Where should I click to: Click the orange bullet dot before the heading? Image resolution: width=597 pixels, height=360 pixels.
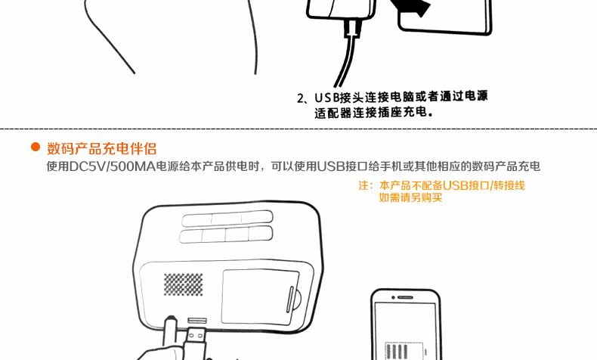point(36,147)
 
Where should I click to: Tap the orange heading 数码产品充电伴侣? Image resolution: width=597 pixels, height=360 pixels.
point(102,148)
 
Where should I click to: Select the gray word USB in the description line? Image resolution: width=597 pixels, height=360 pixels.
point(331,166)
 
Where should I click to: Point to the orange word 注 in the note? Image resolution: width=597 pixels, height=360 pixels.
point(364,185)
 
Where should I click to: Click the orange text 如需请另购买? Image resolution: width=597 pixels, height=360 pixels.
point(410,197)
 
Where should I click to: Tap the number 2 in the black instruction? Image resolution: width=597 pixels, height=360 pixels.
point(301,98)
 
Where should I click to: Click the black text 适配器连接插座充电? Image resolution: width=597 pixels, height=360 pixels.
point(370,113)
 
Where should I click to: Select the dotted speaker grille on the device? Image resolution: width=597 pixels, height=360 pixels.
point(184,284)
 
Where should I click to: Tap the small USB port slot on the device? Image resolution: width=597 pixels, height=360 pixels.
point(197,321)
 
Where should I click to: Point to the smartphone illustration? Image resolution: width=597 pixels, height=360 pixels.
point(406,324)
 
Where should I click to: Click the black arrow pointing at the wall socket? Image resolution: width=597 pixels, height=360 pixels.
point(411,7)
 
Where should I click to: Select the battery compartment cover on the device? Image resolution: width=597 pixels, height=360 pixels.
point(260,297)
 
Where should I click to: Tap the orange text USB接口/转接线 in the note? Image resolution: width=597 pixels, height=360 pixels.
point(484,185)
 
